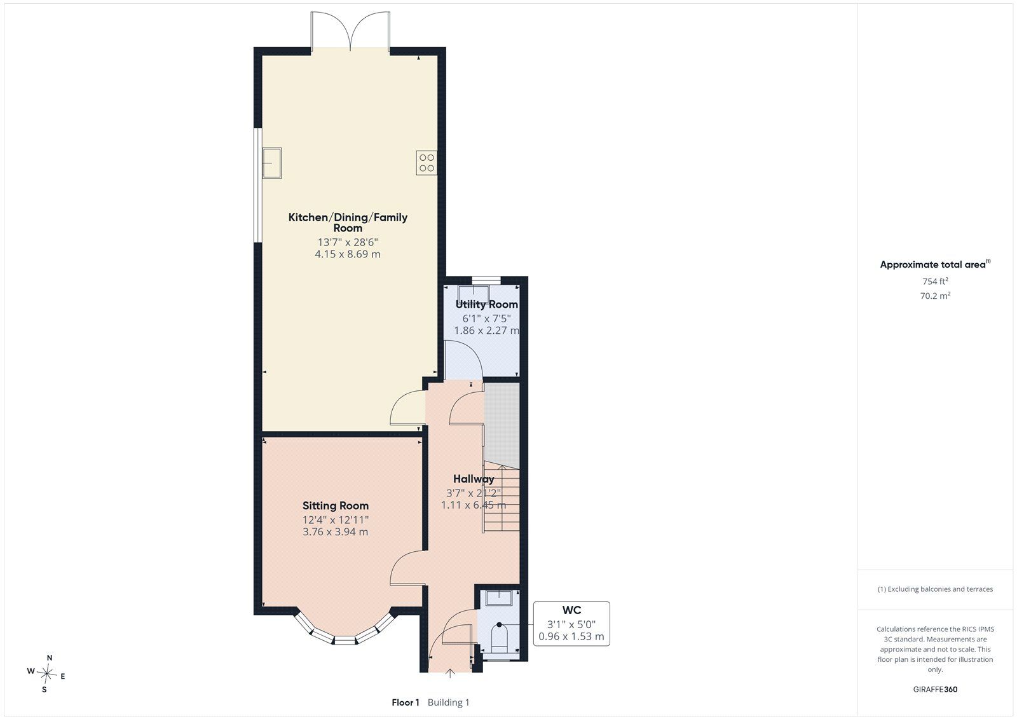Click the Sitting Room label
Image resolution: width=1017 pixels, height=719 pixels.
[x=336, y=505]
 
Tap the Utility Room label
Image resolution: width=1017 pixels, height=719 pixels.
[x=487, y=305]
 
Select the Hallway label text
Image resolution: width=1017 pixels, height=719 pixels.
[x=474, y=479]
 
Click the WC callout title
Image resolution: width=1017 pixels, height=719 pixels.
[x=571, y=610]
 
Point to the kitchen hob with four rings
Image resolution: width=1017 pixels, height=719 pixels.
[x=427, y=163]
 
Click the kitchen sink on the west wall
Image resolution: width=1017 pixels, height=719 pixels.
[x=272, y=163]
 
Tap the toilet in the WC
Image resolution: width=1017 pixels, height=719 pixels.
[x=500, y=637]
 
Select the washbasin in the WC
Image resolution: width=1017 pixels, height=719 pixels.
[x=499, y=598]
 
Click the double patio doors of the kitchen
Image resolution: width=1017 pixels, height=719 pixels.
[x=350, y=31]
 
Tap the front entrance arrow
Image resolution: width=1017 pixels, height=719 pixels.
[x=450, y=673]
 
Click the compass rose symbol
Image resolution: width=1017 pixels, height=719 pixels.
[x=46, y=674]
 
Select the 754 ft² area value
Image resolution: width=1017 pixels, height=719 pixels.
[x=935, y=281]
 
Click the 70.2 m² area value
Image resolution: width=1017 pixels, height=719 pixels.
[x=935, y=296]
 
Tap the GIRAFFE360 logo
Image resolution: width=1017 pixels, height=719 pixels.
[x=935, y=689]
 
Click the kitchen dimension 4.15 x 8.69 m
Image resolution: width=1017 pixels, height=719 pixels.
[x=348, y=254]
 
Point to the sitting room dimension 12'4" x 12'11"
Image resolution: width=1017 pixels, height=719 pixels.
[x=336, y=519]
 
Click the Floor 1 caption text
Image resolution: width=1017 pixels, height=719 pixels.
[x=406, y=702]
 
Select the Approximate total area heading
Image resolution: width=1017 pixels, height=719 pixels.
[x=935, y=264]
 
